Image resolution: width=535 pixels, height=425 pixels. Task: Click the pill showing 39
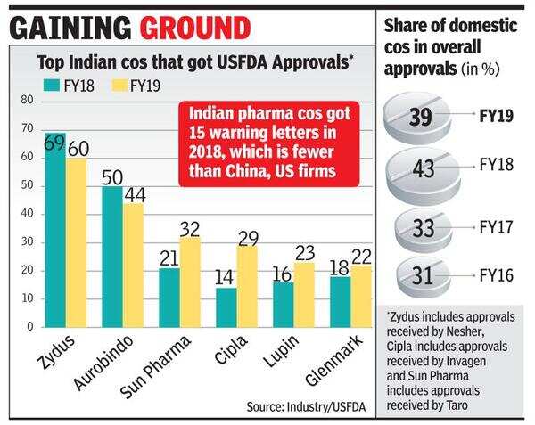click(427, 117)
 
